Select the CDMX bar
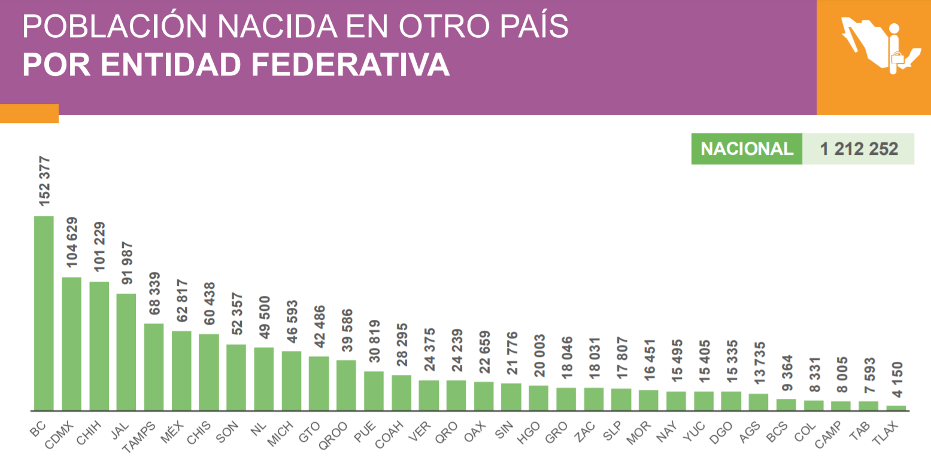(x=71, y=344)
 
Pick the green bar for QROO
(x=346, y=385)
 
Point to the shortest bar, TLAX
(x=896, y=408)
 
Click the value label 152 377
(x=44, y=181)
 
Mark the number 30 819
(x=374, y=345)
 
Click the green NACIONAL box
(x=746, y=149)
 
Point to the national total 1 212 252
(x=859, y=149)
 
